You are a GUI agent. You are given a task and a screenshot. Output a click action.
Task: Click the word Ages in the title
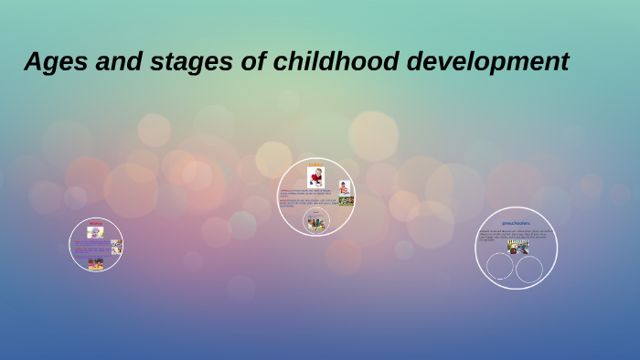(53, 62)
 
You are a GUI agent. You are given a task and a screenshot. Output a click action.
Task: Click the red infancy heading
(95, 222)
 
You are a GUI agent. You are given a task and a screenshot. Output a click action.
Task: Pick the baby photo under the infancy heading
(95, 232)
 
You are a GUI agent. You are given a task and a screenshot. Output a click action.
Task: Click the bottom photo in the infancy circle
(96, 264)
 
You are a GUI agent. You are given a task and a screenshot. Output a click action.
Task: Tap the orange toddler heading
(316, 164)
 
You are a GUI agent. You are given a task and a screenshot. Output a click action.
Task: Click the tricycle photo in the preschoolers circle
(517, 247)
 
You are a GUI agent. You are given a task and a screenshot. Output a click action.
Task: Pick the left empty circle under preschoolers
(500, 267)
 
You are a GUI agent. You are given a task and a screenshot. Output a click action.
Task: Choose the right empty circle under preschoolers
(529, 269)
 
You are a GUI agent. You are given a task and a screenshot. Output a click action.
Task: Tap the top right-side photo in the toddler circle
(344, 187)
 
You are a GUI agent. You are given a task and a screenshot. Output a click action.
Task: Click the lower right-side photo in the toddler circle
(347, 200)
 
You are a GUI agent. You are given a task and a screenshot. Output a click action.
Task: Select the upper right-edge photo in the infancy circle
(116, 246)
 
